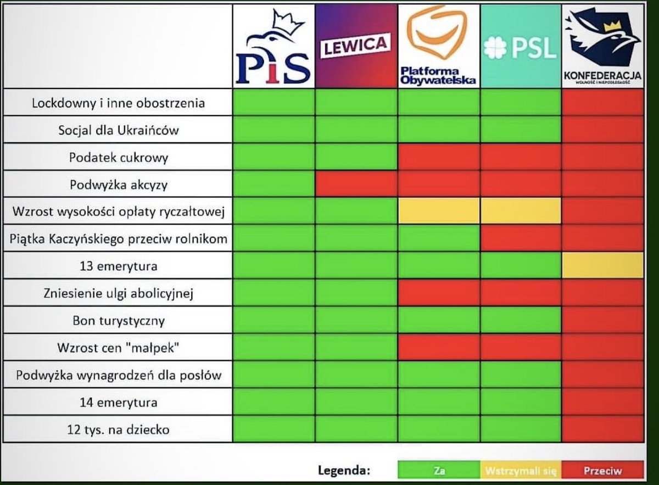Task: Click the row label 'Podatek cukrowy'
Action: pos(119,158)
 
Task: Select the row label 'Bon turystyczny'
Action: pos(119,320)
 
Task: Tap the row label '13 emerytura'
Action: pos(119,266)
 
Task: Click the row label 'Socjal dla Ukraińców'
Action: pos(119,131)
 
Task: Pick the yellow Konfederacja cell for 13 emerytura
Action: pos(602,266)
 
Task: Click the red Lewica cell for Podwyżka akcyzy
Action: pos(356,185)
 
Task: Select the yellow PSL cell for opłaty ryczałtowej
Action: pos(521,211)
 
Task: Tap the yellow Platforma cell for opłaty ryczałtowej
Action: pos(439,211)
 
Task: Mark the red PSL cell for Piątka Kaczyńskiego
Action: pos(521,238)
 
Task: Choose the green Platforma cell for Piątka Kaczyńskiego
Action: pos(439,238)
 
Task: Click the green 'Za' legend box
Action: pos(439,471)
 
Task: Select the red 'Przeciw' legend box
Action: pos(602,471)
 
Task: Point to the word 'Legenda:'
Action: pos(344,471)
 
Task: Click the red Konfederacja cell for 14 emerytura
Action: pos(602,402)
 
